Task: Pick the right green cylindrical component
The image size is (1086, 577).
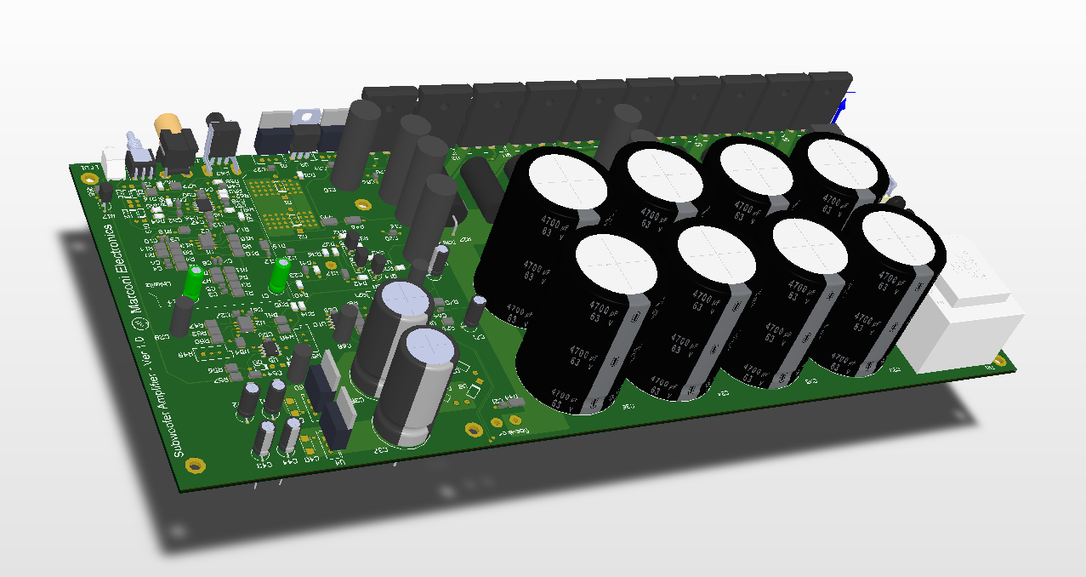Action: pyautogui.click(x=279, y=275)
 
